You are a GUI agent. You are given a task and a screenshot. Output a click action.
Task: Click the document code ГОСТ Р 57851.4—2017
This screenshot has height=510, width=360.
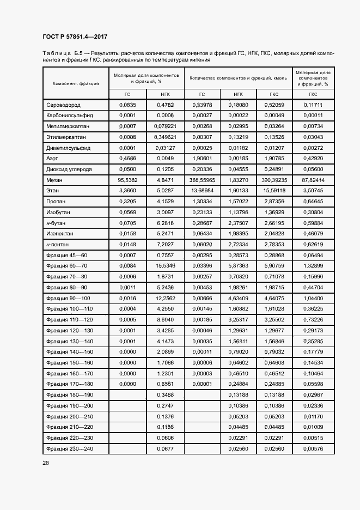[x=75, y=37]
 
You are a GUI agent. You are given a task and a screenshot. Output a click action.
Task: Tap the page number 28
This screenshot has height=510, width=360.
[x=46, y=462]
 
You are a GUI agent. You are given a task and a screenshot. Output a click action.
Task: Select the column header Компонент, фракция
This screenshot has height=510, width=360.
[x=75, y=83]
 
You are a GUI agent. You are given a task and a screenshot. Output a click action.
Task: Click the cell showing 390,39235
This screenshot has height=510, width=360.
[x=274, y=180]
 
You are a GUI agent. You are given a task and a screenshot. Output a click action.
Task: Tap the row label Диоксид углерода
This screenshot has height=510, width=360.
[x=69, y=169]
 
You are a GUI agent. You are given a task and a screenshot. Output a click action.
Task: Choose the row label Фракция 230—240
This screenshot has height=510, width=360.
[x=70, y=448]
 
